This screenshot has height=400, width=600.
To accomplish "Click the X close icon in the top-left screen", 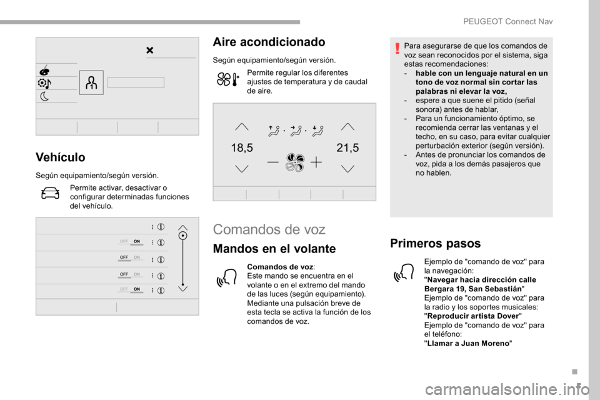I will click(150, 50).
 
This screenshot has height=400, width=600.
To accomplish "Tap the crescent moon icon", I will click(45, 96).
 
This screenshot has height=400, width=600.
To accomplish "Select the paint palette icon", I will click(45, 69).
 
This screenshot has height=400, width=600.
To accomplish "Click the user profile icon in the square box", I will click(91, 82).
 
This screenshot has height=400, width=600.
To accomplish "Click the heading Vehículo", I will click(60, 157).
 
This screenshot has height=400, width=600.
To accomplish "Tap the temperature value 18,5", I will click(242, 148).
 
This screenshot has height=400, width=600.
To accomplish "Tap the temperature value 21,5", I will click(348, 148).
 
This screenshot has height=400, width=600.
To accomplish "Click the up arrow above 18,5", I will click(242, 126).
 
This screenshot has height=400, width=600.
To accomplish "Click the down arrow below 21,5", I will click(348, 169).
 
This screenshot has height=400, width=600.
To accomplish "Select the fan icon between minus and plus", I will click(294, 162).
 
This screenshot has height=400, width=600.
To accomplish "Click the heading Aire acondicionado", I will click(269, 42).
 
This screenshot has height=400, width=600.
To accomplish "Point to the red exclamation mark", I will click(397, 47).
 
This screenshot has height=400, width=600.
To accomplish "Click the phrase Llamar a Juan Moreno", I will click(467, 343).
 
